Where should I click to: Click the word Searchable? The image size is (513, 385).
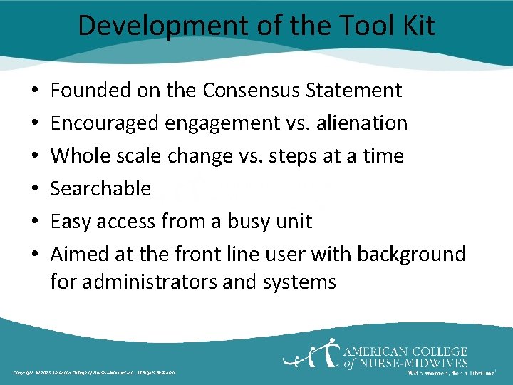pos(100,188)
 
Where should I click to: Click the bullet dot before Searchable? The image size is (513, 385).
pos(35,189)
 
